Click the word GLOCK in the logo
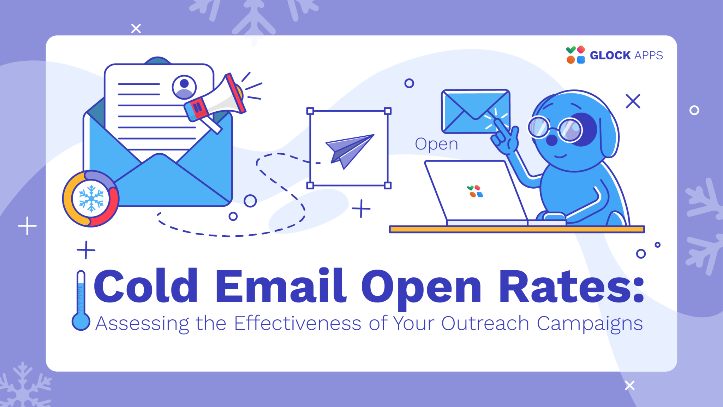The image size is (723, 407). [610, 55]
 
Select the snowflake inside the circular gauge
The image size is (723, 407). [91, 199]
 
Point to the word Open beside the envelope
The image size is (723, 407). [436, 144]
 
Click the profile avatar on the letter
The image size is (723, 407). [184, 87]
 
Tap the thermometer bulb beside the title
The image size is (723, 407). [81, 322]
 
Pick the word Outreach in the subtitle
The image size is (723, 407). [485, 323]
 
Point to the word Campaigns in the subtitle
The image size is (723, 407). [590, 324]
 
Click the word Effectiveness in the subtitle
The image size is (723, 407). [298, 323]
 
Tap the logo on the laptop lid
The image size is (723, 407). [475, 191]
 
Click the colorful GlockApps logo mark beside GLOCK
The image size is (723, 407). [575, 55]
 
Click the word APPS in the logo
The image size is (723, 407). [649, 55]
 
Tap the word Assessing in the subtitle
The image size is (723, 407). [143, 324]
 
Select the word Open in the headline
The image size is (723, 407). [421, 287]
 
